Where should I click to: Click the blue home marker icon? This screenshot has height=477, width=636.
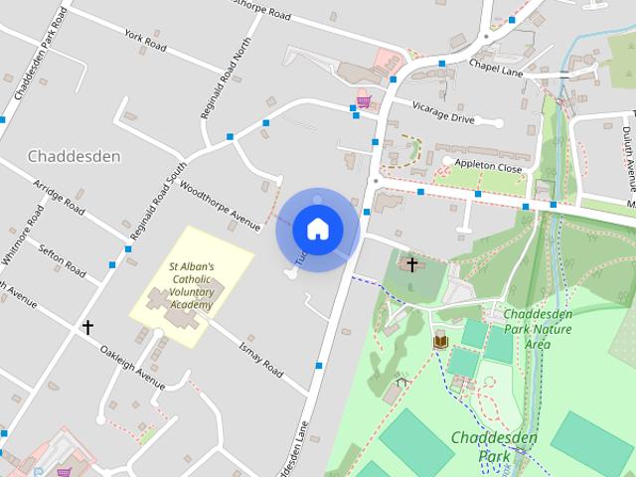(317, 229)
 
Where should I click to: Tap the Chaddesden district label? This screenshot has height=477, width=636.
(75, 156)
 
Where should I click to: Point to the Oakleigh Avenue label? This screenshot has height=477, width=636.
(131, 367)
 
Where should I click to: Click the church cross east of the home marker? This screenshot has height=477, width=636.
(412, 264)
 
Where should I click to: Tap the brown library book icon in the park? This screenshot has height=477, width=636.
(439, 342)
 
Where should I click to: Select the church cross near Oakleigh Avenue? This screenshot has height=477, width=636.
(87, 326)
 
